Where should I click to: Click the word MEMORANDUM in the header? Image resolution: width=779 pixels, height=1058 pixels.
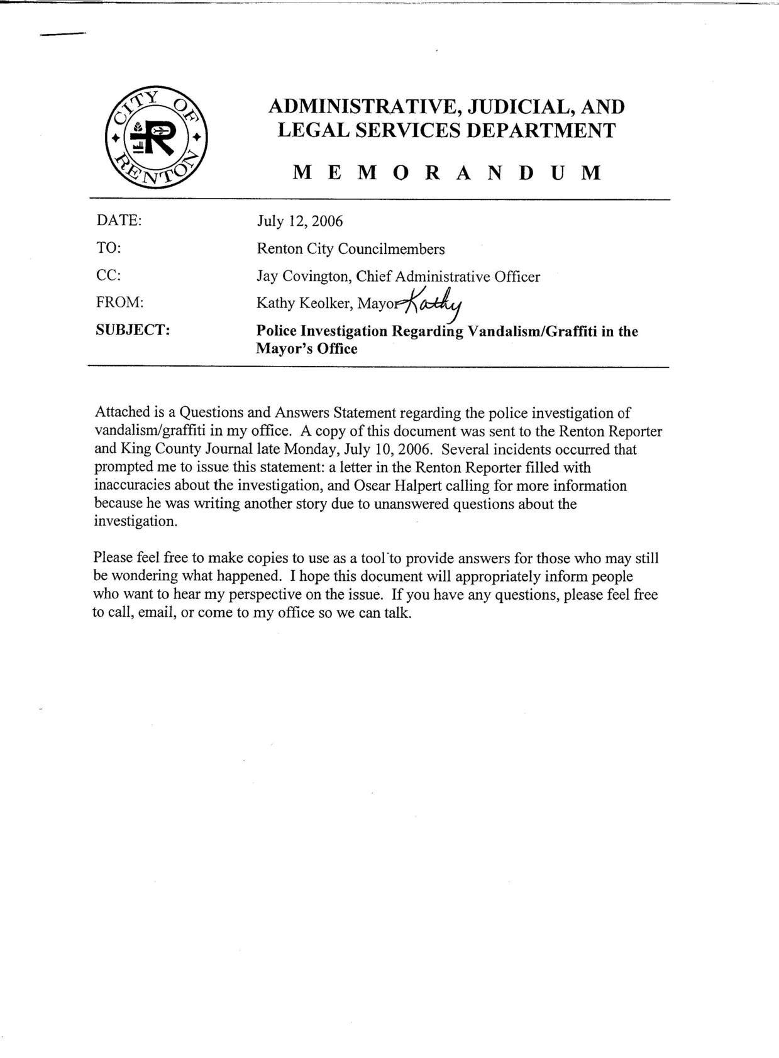coord(447,173)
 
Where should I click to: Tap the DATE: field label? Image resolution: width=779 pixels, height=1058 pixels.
coord(119,221)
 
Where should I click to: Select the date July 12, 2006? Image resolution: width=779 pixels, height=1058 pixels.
coord(299,221)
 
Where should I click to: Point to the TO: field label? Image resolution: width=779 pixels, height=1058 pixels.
coord(108,248)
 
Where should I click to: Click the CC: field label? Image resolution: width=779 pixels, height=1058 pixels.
coord(109,276)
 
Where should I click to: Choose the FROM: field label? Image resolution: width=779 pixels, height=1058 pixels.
coord(120,302)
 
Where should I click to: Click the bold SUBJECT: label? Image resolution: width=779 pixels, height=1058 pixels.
coord(133,330)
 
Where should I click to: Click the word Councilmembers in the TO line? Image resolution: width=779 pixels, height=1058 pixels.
coord(391,249)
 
